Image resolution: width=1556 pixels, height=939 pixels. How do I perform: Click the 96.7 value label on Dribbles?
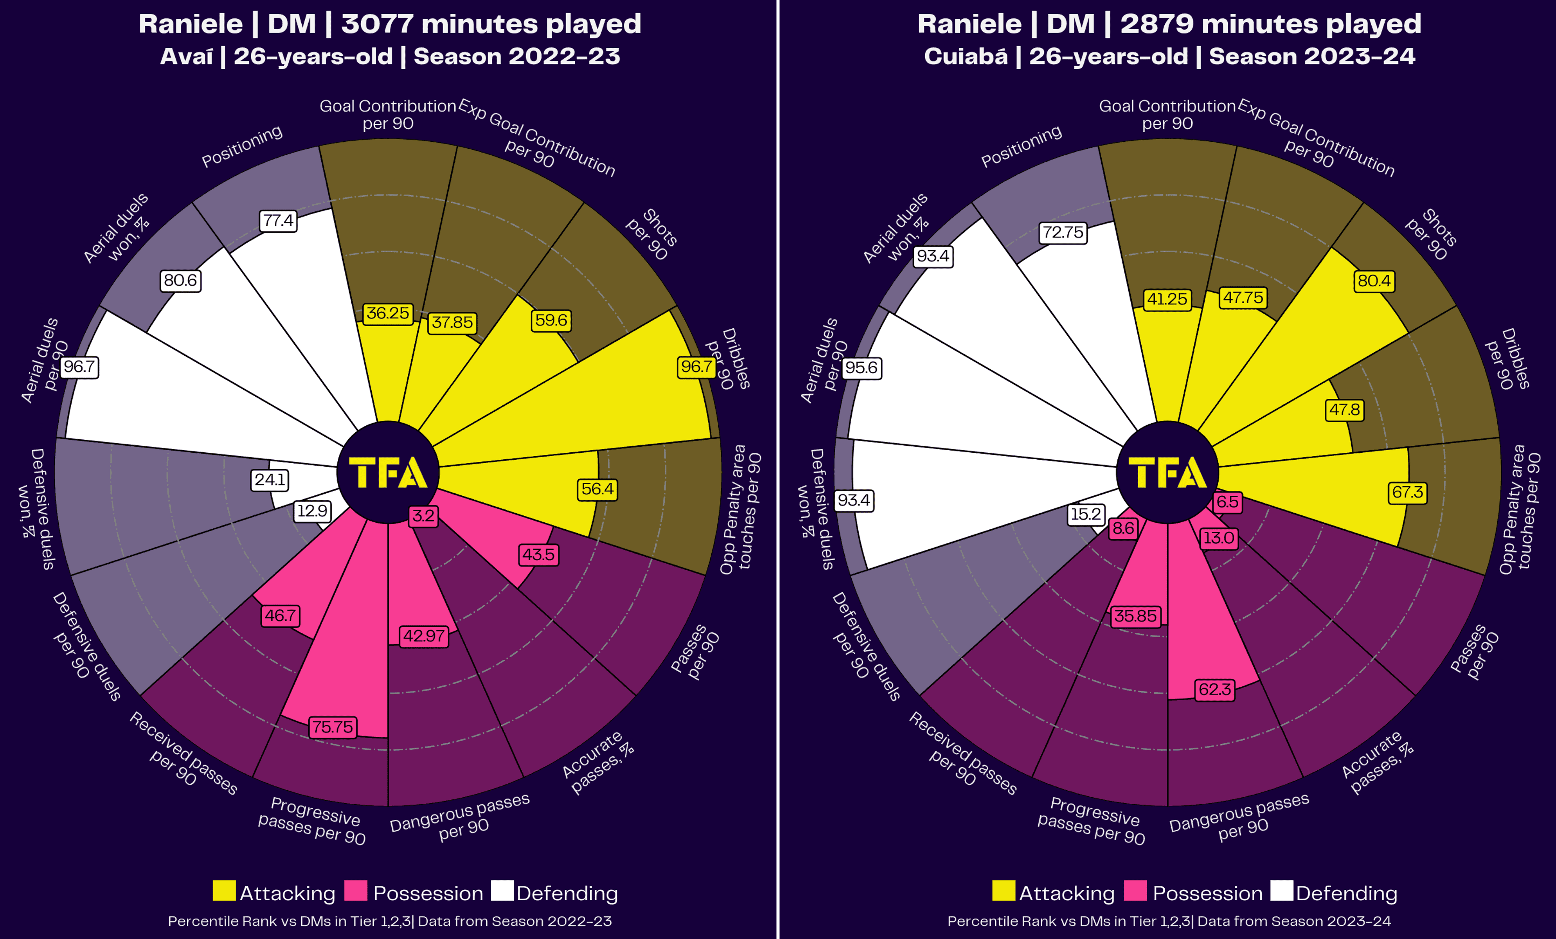(x=696, y=367)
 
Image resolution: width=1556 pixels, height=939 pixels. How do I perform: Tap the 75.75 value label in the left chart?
(x=333, y=727)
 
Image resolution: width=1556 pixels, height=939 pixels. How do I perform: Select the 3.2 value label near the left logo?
(x=423, y=516)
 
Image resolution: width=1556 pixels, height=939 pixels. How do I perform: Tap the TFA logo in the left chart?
(x=388, y=473)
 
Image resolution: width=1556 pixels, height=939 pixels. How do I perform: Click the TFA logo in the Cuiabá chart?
(x=1167, y=473)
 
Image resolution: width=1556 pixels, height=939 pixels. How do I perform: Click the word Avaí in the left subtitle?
(x=186, y=57)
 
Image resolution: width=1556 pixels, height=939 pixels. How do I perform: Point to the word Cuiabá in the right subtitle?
(x=966, y=57)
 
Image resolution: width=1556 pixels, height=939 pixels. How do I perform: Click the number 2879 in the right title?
(x=1156, y=24)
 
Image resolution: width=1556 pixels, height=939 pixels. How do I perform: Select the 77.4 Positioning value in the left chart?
(x=279, y=221)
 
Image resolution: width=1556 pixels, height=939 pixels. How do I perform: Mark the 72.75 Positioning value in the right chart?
(x=1063, y=233)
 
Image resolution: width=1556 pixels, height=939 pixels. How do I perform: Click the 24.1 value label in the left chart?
(x=270, y=480)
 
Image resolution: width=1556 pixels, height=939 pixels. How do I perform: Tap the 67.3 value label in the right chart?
(x=1408, y=492)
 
